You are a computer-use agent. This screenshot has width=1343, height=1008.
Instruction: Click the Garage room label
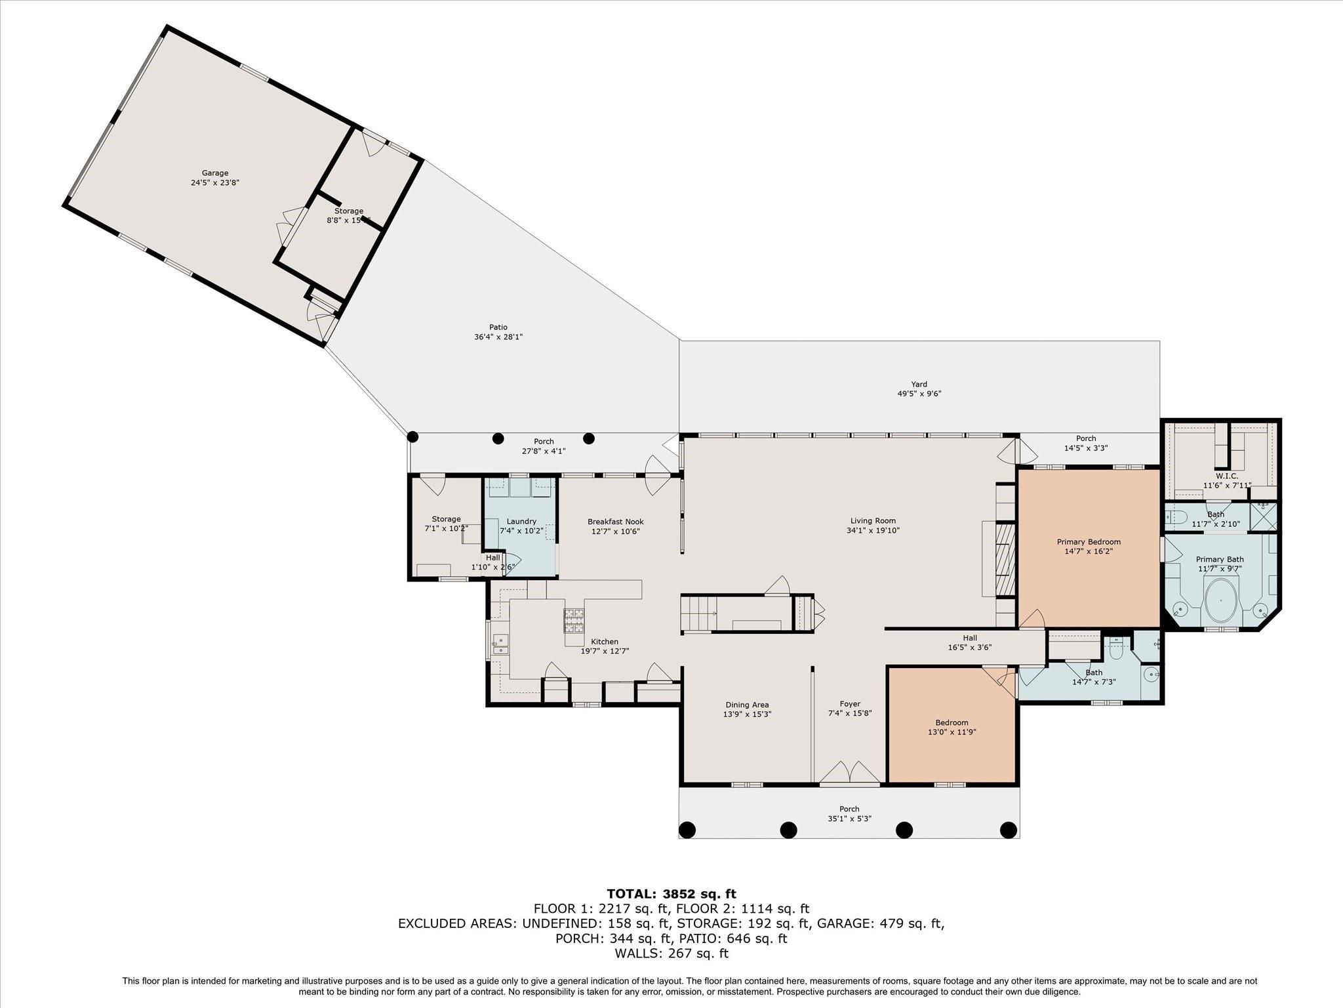pyautogui.click(x=215, y=173)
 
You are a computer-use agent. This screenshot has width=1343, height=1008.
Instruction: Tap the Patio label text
pyautogui.click(x=498, y=327)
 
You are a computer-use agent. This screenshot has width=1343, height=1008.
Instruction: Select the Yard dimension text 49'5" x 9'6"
pyautogui.click(x=919, y=394)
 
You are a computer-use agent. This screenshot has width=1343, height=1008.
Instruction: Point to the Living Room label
pyautogui.click(x=872, y=521)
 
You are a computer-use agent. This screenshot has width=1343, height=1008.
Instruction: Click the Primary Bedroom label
pyautogui.click(x=1089, y=542)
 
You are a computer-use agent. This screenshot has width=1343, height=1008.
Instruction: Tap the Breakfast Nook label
pyautogui.click(x=615, y=522)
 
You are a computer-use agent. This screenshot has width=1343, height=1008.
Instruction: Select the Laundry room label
pyautogui.click(x=521, y=522)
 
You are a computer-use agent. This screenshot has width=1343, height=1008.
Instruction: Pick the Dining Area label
pyautogui.click(x=747, y=705)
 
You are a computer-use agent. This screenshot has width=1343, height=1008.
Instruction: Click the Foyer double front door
pyautogui.click(x=850, y=772)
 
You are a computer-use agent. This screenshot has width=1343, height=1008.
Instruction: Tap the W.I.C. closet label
pyautogui.click(x=1226, y=476)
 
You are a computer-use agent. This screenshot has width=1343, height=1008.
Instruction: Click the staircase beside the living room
pyautogui.click(x=698, y=613)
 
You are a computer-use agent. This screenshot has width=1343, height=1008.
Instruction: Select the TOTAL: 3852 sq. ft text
pyautogui.click(x=671, y=894)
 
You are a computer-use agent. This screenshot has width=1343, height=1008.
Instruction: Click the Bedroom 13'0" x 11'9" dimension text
pyautogui.click(x=952, y=732)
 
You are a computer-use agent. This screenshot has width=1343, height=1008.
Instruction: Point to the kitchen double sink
pyautogui.click(x=502, y=644)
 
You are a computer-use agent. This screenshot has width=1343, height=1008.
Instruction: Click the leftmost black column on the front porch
pyautogui.click(x=687, y=830)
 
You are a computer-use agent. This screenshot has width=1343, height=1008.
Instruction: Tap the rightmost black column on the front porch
pyautogui.click(x=1009, y=830)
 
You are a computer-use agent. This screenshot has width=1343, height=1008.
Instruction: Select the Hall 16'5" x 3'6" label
pyautogui.click(x=970, y=642)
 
